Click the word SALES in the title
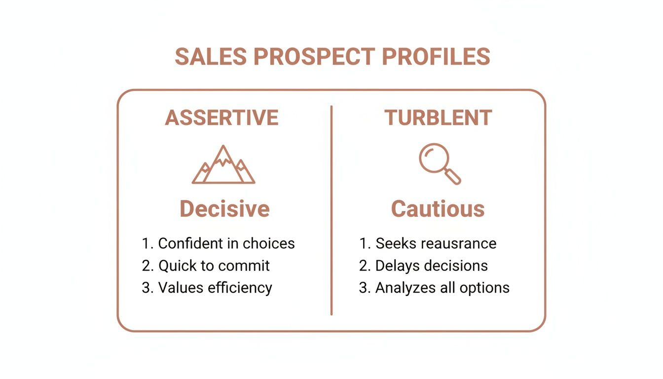pyautogui.click(x=211, y=57)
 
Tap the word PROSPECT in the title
pyautogui.click(x=314, y=57)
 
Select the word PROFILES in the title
pyautogui.click(x=436, y=57)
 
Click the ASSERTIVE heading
pyautogui.click(x=222, y=118)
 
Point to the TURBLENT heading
pyautogui.click(x=438, y=118)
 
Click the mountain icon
pyautogui.click(x=223, y=165)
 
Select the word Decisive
pyautogui.click(x=224, y=209)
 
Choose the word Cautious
pyautogui.click(x=438, y=209)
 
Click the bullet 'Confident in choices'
pyautogui.click(x=218, y=243)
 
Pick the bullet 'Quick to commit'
pyautogui.click(x=206, y=265)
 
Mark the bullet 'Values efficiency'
pyautogui.click(x=207, y=288)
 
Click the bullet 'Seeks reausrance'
pyautogui.click(x=427, y=243)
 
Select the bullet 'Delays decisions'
pyautogui.click(x=423, y=265)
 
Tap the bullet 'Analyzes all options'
pyautogui.click(x=434, y=288)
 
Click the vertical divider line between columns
pyautogui.click(x=331, y=210)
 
